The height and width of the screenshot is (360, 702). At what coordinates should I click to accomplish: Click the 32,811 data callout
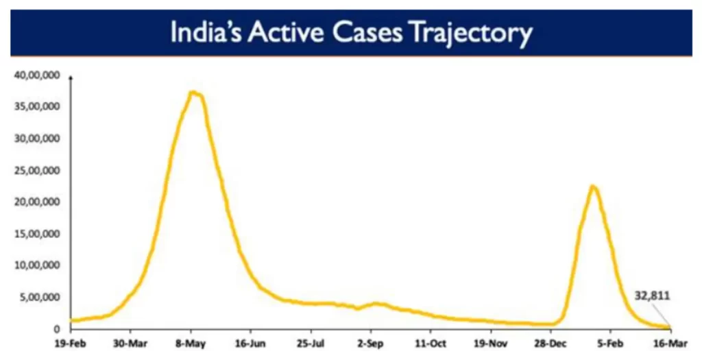(x=651, y=296)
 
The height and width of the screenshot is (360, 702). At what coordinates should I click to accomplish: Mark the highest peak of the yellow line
(x=194, y=93)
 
